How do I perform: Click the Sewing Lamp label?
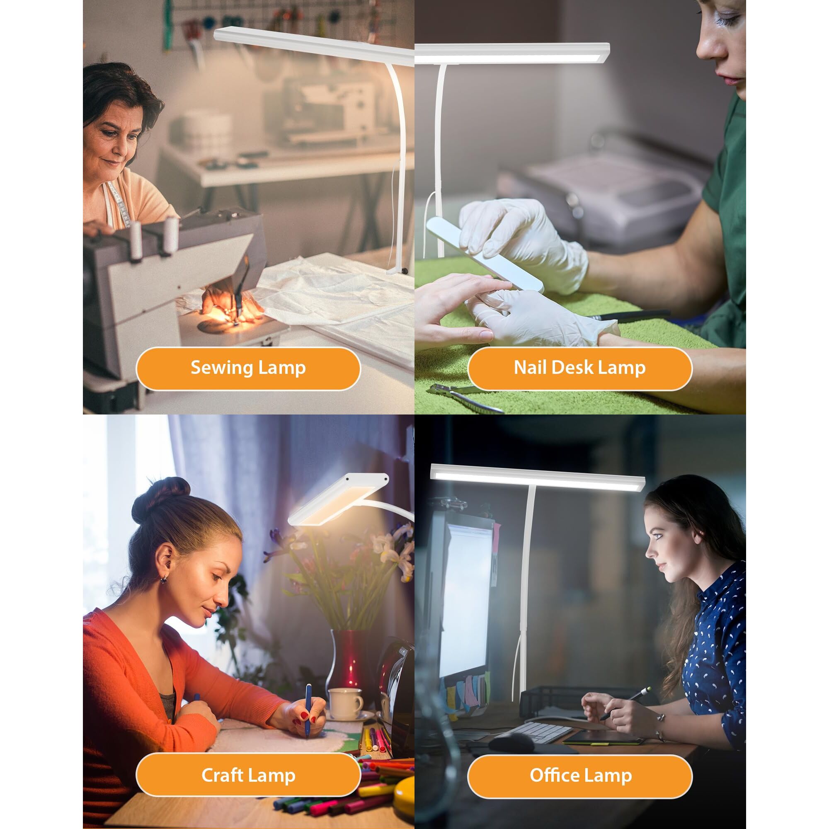tap(248, 368)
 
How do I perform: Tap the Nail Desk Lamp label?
tap(580, 368)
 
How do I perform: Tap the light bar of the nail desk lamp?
tap(512, 53)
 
